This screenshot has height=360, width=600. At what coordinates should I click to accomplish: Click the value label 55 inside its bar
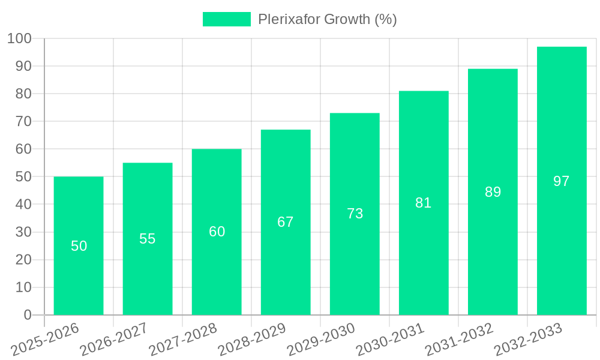click(x=148, y=239)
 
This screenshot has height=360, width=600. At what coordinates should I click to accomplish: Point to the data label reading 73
click(x=355, y=214)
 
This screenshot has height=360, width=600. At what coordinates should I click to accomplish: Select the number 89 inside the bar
click(x=493, y=192)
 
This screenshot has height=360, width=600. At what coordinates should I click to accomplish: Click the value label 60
click(x=217, y=232)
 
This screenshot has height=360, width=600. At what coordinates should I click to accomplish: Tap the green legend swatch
click(x=226, y=19)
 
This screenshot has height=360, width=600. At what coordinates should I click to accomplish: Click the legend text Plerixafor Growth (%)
click(x=328, y=19)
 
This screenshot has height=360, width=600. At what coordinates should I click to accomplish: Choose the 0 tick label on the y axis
click(x=27, y=315)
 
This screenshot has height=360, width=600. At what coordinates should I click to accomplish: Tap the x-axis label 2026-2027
click(x=113, y=340)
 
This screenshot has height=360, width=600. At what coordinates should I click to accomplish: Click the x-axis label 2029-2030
click(x=321, y=340)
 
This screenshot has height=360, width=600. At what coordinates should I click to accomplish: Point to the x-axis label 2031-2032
click(x=459, y=340)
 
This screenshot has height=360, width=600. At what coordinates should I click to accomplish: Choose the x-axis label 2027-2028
click(x=183, y=340)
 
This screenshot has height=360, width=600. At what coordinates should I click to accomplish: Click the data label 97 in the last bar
click(x=562, y=181)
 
